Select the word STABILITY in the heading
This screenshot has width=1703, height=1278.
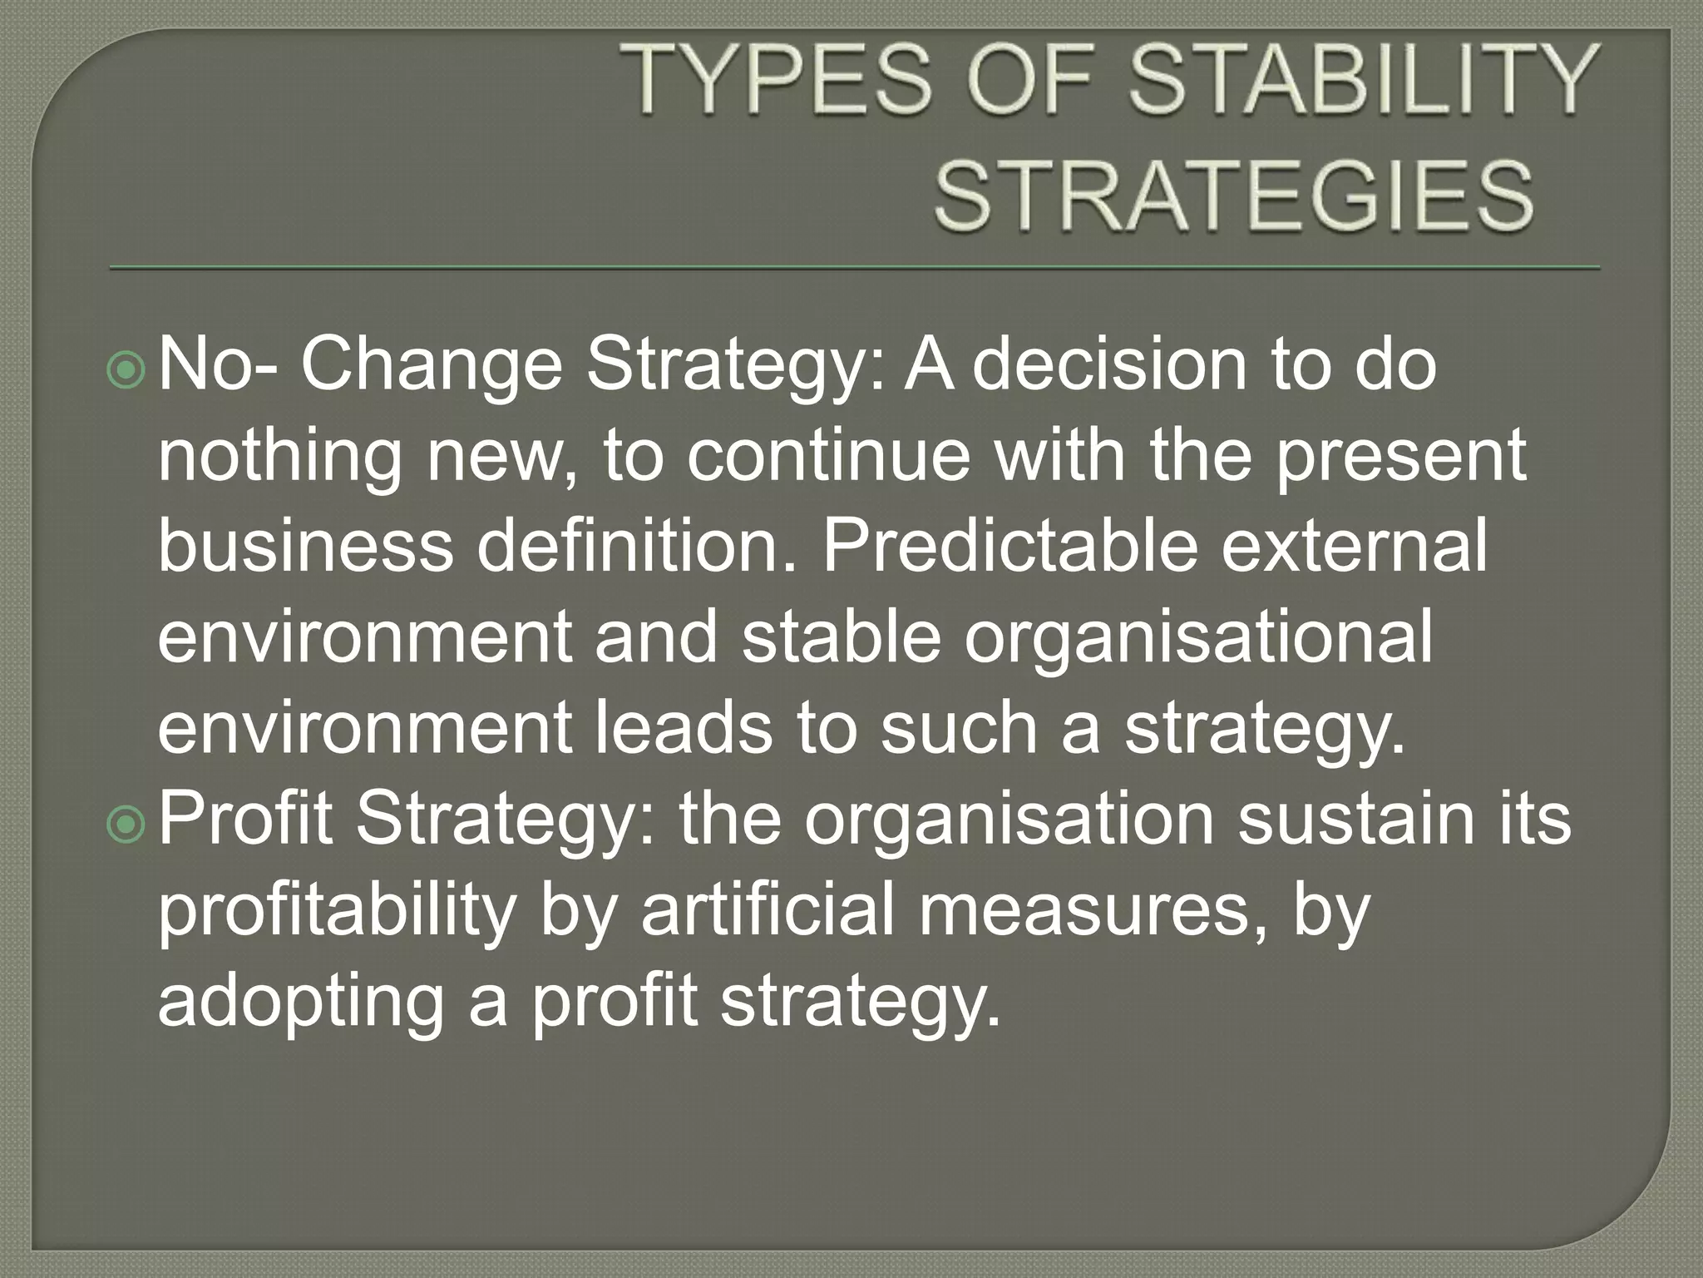(x=1364, y=81)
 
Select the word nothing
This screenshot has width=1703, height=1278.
(x=279, y=458)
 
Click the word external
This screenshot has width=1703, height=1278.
(x=1354, y=547)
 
